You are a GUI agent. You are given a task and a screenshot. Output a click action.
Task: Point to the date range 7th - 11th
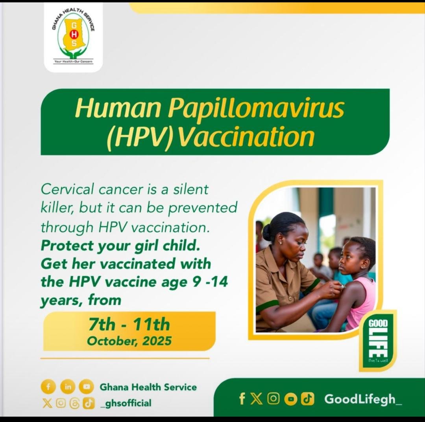point(129,325)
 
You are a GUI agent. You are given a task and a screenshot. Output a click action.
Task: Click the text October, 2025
point(129,340)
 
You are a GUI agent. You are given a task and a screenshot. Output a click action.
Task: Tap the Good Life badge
point(378,340)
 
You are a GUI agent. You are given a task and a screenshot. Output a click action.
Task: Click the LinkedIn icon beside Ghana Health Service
point(68,387)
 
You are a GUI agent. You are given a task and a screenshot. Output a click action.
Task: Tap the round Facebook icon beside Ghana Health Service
point(48,387)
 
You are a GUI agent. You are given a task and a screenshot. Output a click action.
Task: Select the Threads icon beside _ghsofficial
point(74,403)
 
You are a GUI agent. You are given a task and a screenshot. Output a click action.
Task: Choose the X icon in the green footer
point(256,399)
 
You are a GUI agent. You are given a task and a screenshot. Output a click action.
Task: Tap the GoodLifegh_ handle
point(363,399)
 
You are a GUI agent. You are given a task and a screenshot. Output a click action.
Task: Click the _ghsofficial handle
point(126,403)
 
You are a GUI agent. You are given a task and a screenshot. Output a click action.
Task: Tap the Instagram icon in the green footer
point(273,399)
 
